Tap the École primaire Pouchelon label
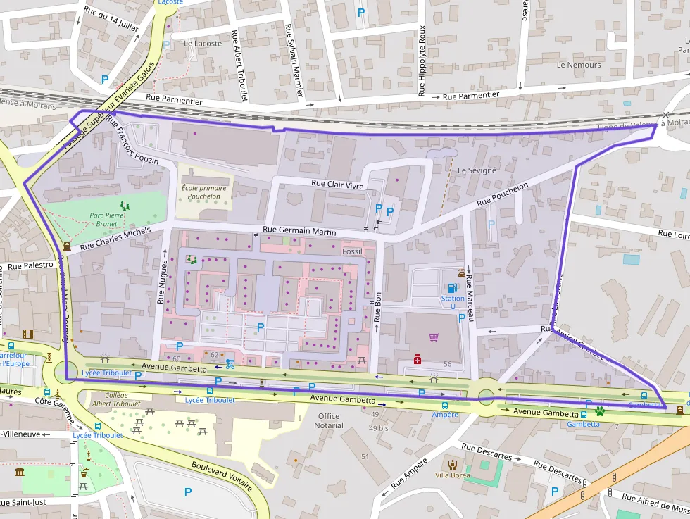click(205, 192)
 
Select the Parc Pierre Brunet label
click(103, 218)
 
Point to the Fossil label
click(351, 251)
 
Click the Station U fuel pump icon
click(452, 287)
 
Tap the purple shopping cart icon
click(434, 338)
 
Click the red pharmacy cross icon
click(418, 360)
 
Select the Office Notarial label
click(328, 420)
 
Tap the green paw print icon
click(600, 410)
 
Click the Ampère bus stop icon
click(444, 406)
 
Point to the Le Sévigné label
click(477, 170)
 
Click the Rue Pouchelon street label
click(502, 195)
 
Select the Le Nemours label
click(579, 65)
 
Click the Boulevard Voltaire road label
click(222, 477)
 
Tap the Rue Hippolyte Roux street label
click(422, 60)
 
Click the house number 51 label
click(365, 457)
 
